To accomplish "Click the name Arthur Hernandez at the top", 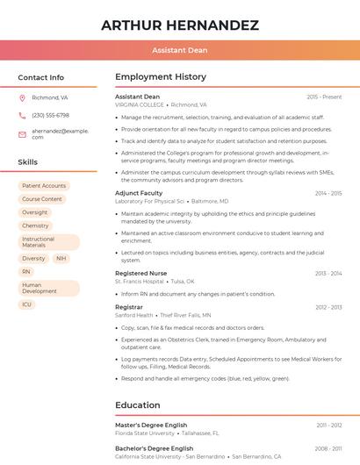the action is coord(180,25).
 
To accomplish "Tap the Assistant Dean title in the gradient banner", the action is coord(180,51).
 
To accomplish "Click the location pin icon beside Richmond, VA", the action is coord(23,98).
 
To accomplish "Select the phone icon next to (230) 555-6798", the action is coord(23,116).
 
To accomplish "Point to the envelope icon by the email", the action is coord(23,133).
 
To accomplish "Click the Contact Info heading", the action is coord(41,77).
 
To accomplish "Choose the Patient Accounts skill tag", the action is coord(44,186).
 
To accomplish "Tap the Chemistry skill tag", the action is coord(35,225).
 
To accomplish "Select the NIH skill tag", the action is coord(61,259).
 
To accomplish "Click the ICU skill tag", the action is coord(27,304).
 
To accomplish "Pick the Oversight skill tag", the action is coord(35,212).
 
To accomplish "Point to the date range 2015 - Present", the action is coord(324,97).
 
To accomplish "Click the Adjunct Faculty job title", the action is coord(139,192).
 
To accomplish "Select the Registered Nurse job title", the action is coord(140,274).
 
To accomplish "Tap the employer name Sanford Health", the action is coord(133,315).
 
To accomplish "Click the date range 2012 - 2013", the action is coord(328,307).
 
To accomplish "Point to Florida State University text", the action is coord(145,433).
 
